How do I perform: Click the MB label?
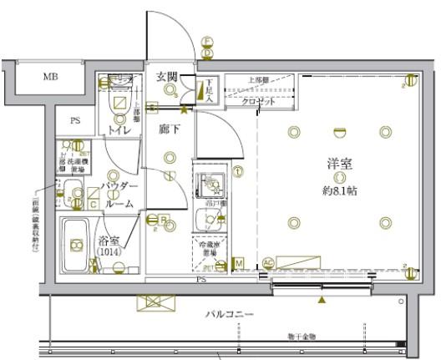click(x=51, y=76)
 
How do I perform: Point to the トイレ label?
click(x=116, y=131)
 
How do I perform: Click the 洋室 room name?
click(x=338, y=165)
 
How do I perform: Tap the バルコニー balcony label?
click(x=231, y=315)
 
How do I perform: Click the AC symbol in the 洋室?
click(x=268, y=262)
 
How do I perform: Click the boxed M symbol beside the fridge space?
click(x=238, y=264)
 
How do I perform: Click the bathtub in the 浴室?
click(x=77, y=246)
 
